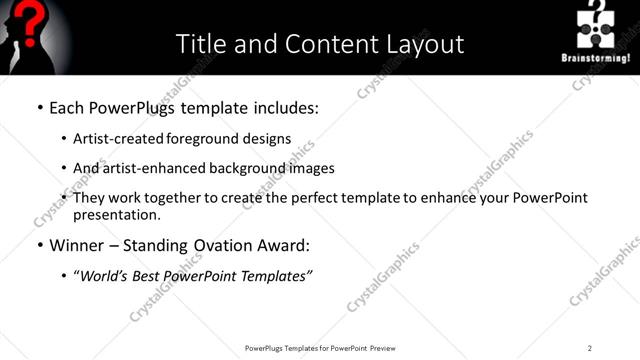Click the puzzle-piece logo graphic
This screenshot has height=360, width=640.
(x=597, y=27)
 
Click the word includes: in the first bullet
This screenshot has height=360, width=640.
(x=285, y=107)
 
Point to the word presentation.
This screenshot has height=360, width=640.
(x=116, y=214)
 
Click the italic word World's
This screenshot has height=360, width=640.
(x=102, y=276)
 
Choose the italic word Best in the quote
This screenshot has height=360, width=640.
(x=146, y=276)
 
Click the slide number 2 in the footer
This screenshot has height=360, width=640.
(x=590, y=348)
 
